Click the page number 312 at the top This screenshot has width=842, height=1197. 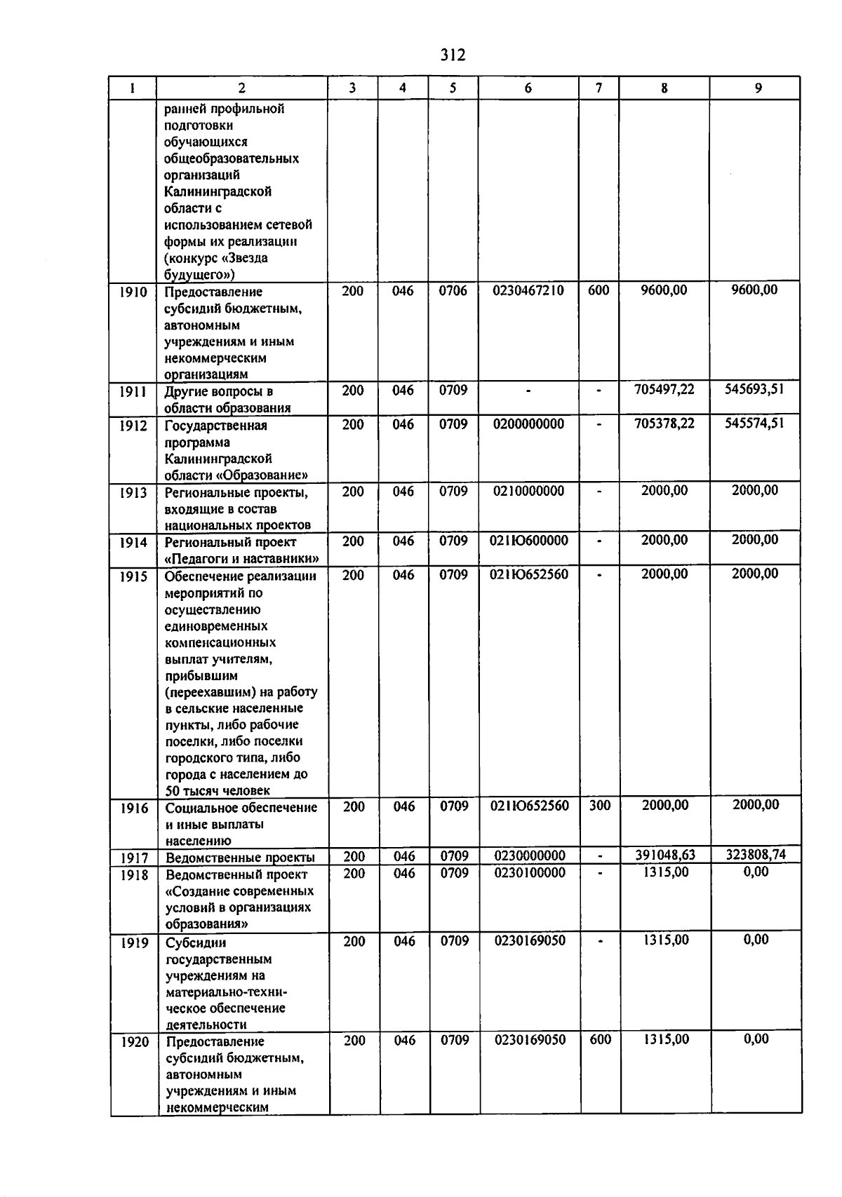tap(453, 55)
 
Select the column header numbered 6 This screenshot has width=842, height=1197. tap(528, 88)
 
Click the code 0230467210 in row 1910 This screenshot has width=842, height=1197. tap(528, 290)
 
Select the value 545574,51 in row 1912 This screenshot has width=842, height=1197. tap(754, 423)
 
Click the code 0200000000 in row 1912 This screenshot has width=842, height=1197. tap(528, 424)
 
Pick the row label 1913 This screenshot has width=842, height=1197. tap(133, 493)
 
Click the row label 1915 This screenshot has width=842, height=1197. tap(133, 576)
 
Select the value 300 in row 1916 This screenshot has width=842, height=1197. tap(599, 806)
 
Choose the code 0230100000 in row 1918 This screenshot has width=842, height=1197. tap(530, 873)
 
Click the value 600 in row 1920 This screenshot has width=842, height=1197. tap(600, 1040)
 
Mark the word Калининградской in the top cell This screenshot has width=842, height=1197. tap(218, 191)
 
